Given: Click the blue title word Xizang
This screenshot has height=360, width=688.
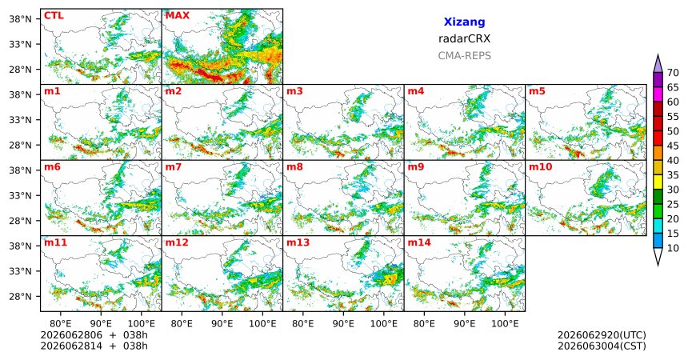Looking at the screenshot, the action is click(464, 22).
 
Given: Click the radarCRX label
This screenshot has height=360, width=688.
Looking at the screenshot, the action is click(464, 38).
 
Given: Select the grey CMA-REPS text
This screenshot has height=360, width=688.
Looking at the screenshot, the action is click(464, 56).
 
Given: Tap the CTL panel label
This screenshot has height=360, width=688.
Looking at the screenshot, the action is click(54, 16).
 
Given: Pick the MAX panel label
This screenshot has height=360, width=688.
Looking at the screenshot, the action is click(178, 16).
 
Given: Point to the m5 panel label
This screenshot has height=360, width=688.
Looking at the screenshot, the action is click(537, 91).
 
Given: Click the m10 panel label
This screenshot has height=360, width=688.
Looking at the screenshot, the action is click(541, 167).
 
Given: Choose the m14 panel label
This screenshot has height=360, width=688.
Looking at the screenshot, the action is click(419, 242).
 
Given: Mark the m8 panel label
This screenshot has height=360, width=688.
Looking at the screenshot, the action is click(294, 167).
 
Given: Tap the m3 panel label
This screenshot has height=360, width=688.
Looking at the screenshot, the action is click(294, 91).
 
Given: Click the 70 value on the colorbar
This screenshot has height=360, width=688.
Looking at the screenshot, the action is click(673, 73).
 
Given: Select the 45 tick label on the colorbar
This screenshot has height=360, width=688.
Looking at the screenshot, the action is click(673, 146).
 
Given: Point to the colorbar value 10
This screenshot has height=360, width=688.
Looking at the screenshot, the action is click(673, 249).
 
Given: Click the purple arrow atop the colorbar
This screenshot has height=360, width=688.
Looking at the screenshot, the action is click(658, 64).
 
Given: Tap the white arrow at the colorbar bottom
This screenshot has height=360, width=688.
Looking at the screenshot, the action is click(658, 256).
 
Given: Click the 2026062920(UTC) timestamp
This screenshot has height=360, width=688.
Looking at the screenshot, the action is click(602, 335).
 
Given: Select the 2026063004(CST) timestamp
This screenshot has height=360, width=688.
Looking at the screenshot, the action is click(602, 346).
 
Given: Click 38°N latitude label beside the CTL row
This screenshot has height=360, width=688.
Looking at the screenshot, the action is click(20, 19).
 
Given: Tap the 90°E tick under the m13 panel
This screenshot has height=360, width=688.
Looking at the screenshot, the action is click(343, 324).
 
